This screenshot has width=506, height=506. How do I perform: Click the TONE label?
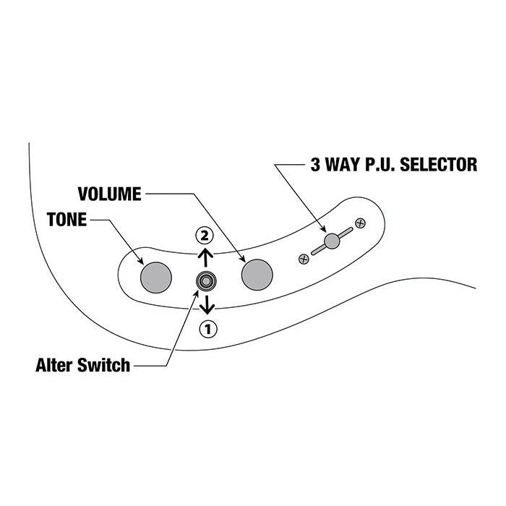click(66, 219)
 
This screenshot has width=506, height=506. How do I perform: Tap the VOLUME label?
click(109, 194)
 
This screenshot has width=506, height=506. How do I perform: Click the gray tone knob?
click(156, 275)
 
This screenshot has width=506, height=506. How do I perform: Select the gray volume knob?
click(257, 273)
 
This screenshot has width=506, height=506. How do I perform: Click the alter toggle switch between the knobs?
click(207, 280)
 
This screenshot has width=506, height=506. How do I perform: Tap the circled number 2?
click(207, 235)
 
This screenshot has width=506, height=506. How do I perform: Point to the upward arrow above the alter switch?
click(207, 256)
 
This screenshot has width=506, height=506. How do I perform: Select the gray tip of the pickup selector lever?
click(332, 241)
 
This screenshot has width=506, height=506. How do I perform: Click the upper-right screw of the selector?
click(361, 222)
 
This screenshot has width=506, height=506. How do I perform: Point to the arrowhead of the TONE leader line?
click(145, 262)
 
